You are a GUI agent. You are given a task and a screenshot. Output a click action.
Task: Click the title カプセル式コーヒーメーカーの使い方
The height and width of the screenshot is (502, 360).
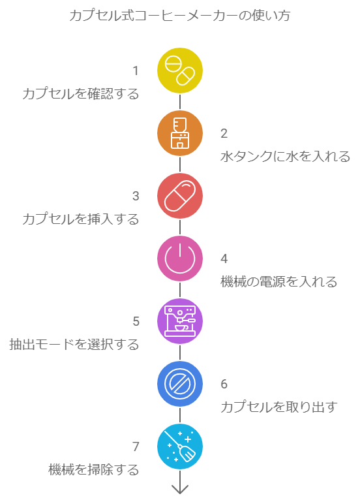click(180, 16)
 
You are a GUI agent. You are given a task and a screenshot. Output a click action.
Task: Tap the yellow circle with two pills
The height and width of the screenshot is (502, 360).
click(180, 71)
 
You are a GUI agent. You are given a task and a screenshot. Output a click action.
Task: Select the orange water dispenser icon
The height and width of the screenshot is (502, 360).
click(180, 133)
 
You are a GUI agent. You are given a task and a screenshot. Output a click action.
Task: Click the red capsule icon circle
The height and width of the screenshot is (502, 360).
click(180, 196)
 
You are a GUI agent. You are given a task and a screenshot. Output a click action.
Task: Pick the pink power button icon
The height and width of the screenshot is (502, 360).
click(180, 259)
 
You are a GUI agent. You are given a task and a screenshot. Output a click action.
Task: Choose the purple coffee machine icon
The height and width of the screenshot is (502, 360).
click(180, 321)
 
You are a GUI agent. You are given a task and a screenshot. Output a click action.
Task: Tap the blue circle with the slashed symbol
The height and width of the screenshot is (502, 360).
click(180, 384)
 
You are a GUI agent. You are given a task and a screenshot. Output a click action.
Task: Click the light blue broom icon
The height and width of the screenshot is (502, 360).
click(180, 447)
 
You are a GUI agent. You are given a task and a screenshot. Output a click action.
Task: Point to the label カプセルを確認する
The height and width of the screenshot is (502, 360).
click(81, 94)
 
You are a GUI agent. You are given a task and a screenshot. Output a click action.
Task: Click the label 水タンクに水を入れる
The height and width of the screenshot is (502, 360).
click(285, 157)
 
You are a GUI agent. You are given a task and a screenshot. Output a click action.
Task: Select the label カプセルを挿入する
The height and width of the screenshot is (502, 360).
click(81, 219)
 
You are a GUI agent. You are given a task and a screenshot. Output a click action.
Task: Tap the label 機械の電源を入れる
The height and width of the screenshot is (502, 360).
click(278, 282)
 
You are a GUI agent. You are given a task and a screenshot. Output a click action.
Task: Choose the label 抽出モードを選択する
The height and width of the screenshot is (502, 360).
click(74, 345)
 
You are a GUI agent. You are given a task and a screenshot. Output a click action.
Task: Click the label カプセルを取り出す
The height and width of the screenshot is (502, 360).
click(278, 407)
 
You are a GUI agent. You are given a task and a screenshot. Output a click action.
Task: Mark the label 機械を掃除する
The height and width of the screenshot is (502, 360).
click(94, 470)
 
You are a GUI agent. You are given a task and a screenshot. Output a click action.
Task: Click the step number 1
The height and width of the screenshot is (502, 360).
click(136, 71)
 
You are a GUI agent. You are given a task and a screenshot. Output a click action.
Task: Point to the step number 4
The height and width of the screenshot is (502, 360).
click(224, 259)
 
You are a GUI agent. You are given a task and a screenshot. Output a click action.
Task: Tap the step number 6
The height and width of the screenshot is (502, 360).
click(224, 384)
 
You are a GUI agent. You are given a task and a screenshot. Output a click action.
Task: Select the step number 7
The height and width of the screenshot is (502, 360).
click(136, 447)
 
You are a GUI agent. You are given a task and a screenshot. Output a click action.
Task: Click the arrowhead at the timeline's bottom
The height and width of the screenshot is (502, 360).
click(180, 490)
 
